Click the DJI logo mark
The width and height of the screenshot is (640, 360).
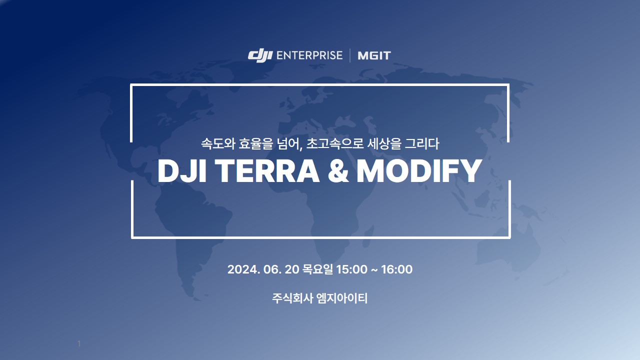(x=260, y=55)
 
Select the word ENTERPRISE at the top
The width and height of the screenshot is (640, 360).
(x=309, y=55)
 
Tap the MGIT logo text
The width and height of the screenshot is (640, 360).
(x=374, y=55)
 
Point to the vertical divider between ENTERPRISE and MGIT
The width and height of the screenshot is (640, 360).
(x=350, y=55)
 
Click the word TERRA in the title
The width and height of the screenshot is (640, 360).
(x=267, y=171)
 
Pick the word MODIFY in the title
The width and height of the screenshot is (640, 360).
(x=419, y=171)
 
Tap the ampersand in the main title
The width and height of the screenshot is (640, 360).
(x=338, y=171)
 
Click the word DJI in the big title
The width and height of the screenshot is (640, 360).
(x=182, y=171)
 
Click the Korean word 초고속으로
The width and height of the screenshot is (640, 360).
(x=335, y=143)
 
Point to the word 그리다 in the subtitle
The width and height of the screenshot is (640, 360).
(x=422, y=143)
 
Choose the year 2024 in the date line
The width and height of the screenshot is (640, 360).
(x=243, y=269)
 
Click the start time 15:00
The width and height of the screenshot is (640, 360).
(x=351, y=269)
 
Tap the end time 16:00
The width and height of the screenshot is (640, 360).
(x=397, y=269)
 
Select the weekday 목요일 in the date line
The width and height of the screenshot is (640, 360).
(x=317, y=269)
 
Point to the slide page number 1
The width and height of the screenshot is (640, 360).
(x=79, y=343)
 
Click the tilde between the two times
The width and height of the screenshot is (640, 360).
(x=374, y=269)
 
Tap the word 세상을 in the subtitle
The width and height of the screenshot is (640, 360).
(x=384, y=143)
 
